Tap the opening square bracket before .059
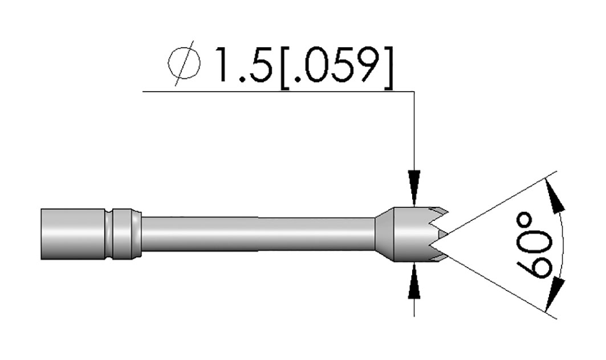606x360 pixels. tap(285, 68)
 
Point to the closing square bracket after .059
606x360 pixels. tap(388, 68)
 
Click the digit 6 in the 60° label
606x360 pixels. tap(535, 265)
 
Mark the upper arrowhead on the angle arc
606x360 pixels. tap(555, 196)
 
